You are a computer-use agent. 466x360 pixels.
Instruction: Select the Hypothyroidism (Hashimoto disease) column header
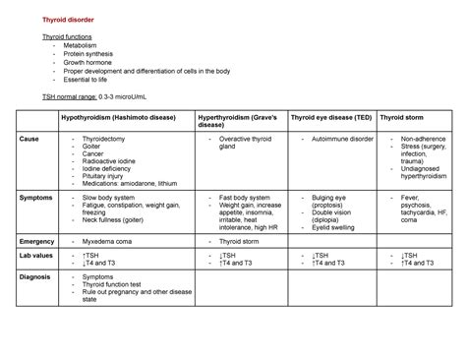coord(122,118)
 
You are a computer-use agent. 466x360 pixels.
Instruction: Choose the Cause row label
coord(29,140)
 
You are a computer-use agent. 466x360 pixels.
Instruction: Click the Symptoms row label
coord(36,198)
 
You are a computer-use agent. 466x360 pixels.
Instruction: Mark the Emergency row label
coord(38,240)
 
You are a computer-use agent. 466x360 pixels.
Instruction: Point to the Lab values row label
coord(38,255)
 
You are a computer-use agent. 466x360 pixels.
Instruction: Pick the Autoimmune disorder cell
coord(344,140)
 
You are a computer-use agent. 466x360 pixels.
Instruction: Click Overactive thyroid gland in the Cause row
coord(245,144)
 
